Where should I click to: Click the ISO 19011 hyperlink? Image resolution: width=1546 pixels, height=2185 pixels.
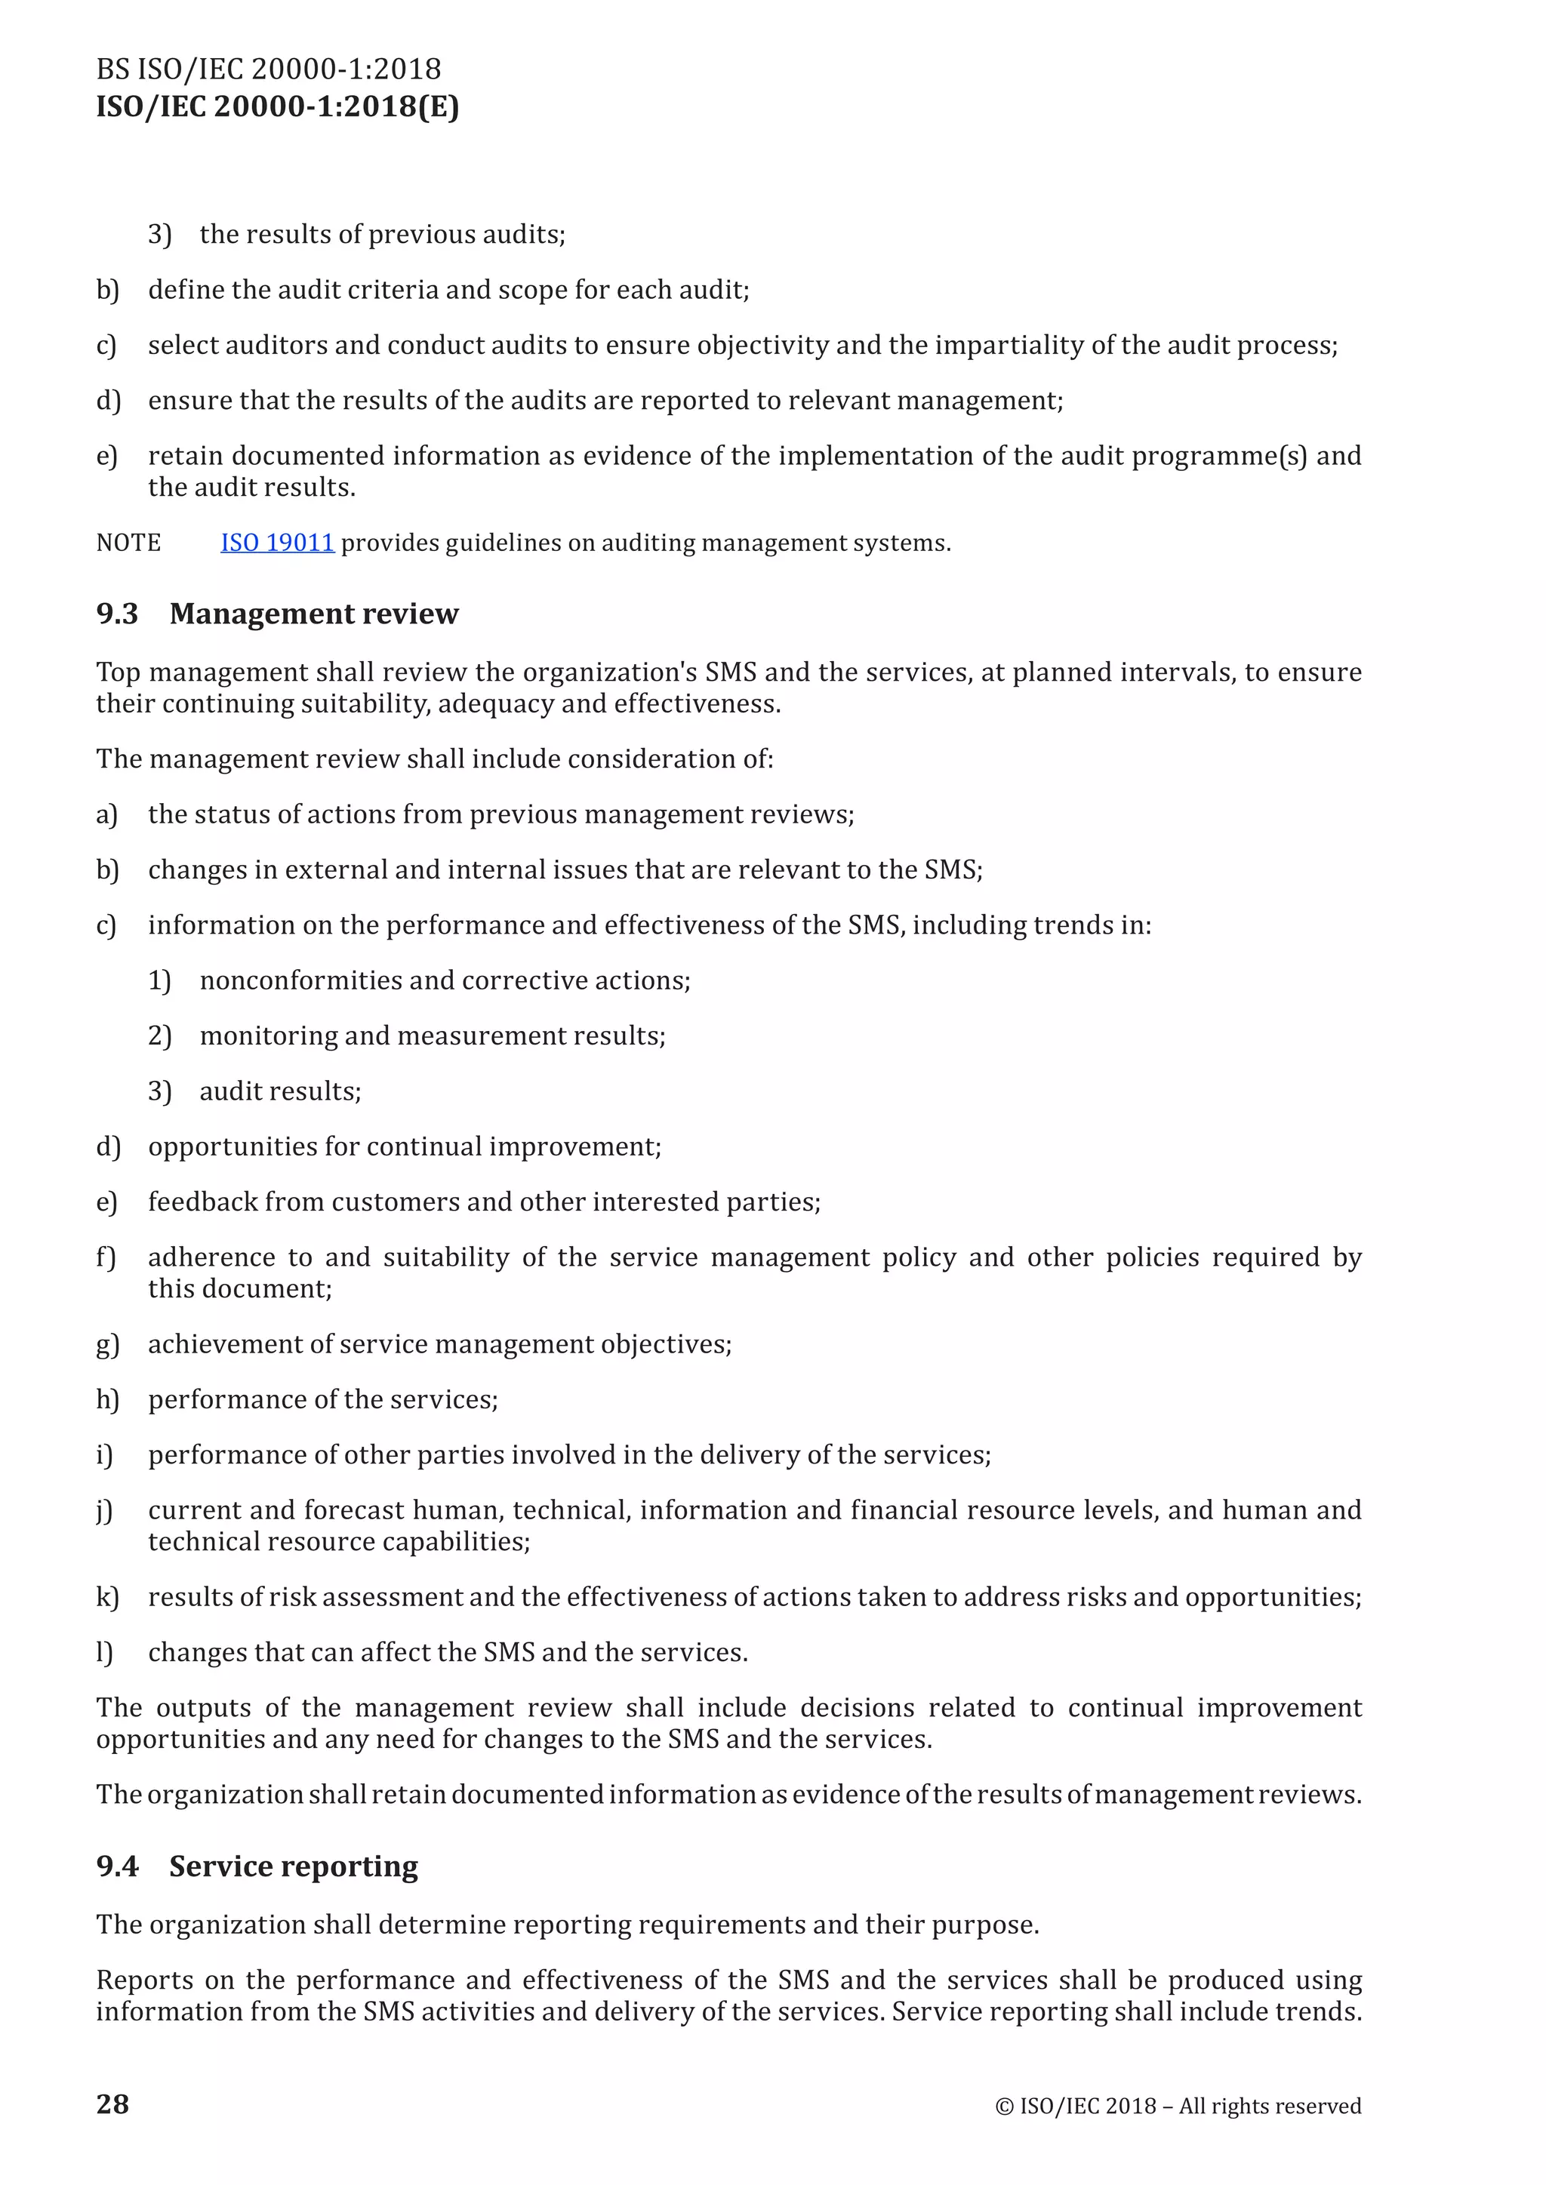277,543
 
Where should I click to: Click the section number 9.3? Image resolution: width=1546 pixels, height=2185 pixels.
117,614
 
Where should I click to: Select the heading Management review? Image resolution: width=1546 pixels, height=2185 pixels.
313,614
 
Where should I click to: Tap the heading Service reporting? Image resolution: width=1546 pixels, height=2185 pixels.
293,1866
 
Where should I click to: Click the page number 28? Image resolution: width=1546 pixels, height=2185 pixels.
112,2104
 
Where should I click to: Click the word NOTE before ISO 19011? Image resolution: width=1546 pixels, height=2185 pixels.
128,543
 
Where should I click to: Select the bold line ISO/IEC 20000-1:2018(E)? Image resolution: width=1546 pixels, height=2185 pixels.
277,106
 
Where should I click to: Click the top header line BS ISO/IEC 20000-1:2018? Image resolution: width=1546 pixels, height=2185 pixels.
269,69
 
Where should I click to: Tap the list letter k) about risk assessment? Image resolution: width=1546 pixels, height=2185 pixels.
106,1597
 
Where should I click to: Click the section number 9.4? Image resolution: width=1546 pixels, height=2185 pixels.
117,1866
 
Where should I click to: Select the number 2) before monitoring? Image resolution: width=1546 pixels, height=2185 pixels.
159,1036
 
